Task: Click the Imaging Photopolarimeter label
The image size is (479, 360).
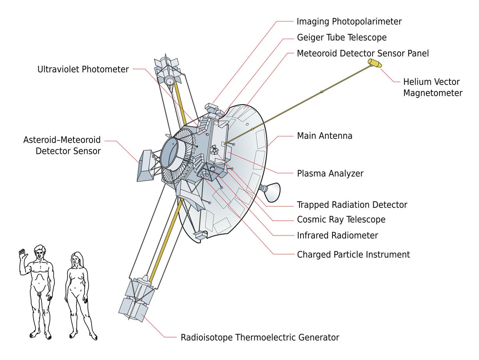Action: tap(349, 21)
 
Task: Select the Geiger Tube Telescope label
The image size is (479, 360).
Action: tap(342, 38)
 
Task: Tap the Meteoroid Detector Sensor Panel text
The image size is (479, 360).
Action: tap(363, 53)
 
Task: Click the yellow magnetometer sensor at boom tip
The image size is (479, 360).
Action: tap(375, 63)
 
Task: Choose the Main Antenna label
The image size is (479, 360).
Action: tap(325, 136)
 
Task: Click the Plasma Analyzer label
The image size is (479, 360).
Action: tap(330, 174)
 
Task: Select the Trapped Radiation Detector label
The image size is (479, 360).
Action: tap(352, 205)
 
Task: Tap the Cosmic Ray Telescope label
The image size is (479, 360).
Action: tap(341, 220)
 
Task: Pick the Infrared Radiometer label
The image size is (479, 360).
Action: tap(337, 235)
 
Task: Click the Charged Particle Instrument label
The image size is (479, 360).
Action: tap(353, 254)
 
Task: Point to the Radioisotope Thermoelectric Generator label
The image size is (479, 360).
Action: tap(260, 337)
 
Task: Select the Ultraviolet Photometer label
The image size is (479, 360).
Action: tap(83, 69)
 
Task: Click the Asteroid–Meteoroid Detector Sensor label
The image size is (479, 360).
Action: tap(62, 146)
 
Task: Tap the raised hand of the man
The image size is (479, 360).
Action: tap(22, 255)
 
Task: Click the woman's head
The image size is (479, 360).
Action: tap(76, 259)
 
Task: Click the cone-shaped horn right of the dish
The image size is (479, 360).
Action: tap(271, 191)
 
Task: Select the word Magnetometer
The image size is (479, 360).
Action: tap(432, 93)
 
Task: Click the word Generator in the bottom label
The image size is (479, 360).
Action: tap(318, 337)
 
